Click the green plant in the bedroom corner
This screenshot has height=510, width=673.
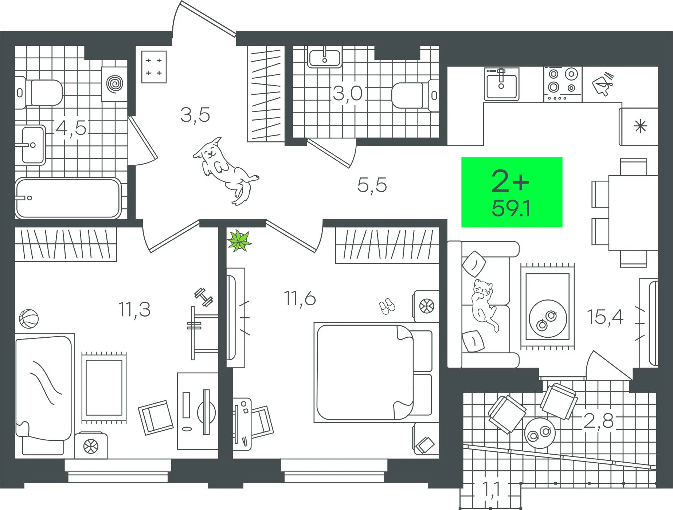click(x=239, y=240)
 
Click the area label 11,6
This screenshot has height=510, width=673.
click(x=300, y=299)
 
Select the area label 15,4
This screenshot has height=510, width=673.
click(x=605, y=317)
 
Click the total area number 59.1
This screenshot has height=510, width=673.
click(x=511, y=209)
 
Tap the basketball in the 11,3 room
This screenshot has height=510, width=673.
click(x=28, y=319)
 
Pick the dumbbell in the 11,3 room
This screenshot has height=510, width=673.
click(x=204, y=297)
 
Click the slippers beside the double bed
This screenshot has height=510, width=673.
click(x=387, y=306)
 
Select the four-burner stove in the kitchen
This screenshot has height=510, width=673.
click(x=563, y=84)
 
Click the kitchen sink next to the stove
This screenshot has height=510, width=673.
click(x=501, y=84)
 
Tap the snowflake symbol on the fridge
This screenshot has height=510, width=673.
click(x=640, y=126)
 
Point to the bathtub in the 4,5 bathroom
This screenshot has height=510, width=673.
click(x=68, y=198)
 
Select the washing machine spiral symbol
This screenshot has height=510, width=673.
click(x=114, y=84)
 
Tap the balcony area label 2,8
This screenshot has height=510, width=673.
click(x=599, y=421)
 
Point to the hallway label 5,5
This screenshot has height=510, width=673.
click(x=372, y=185)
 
